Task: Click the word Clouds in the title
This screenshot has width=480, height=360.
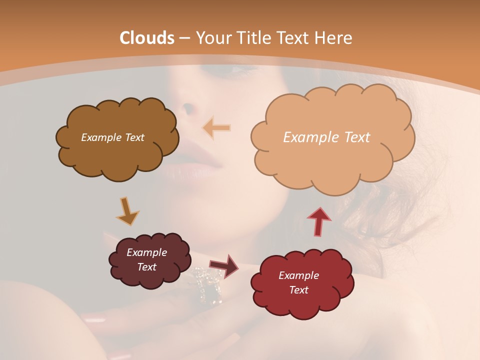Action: pos(147,38)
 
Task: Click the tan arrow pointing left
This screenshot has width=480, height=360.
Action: pos(216,128)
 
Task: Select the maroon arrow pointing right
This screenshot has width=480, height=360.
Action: pos(223,265)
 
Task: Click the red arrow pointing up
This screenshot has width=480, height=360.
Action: pos(319,221)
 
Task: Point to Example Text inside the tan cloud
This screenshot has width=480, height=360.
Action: pos(326,137)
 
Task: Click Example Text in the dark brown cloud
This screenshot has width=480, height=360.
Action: pos(112,137)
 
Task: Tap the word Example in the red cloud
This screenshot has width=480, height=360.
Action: pos(298,275)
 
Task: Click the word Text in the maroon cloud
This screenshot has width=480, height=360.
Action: pos(147,267)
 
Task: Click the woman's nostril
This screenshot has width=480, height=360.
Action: pos(188,107)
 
